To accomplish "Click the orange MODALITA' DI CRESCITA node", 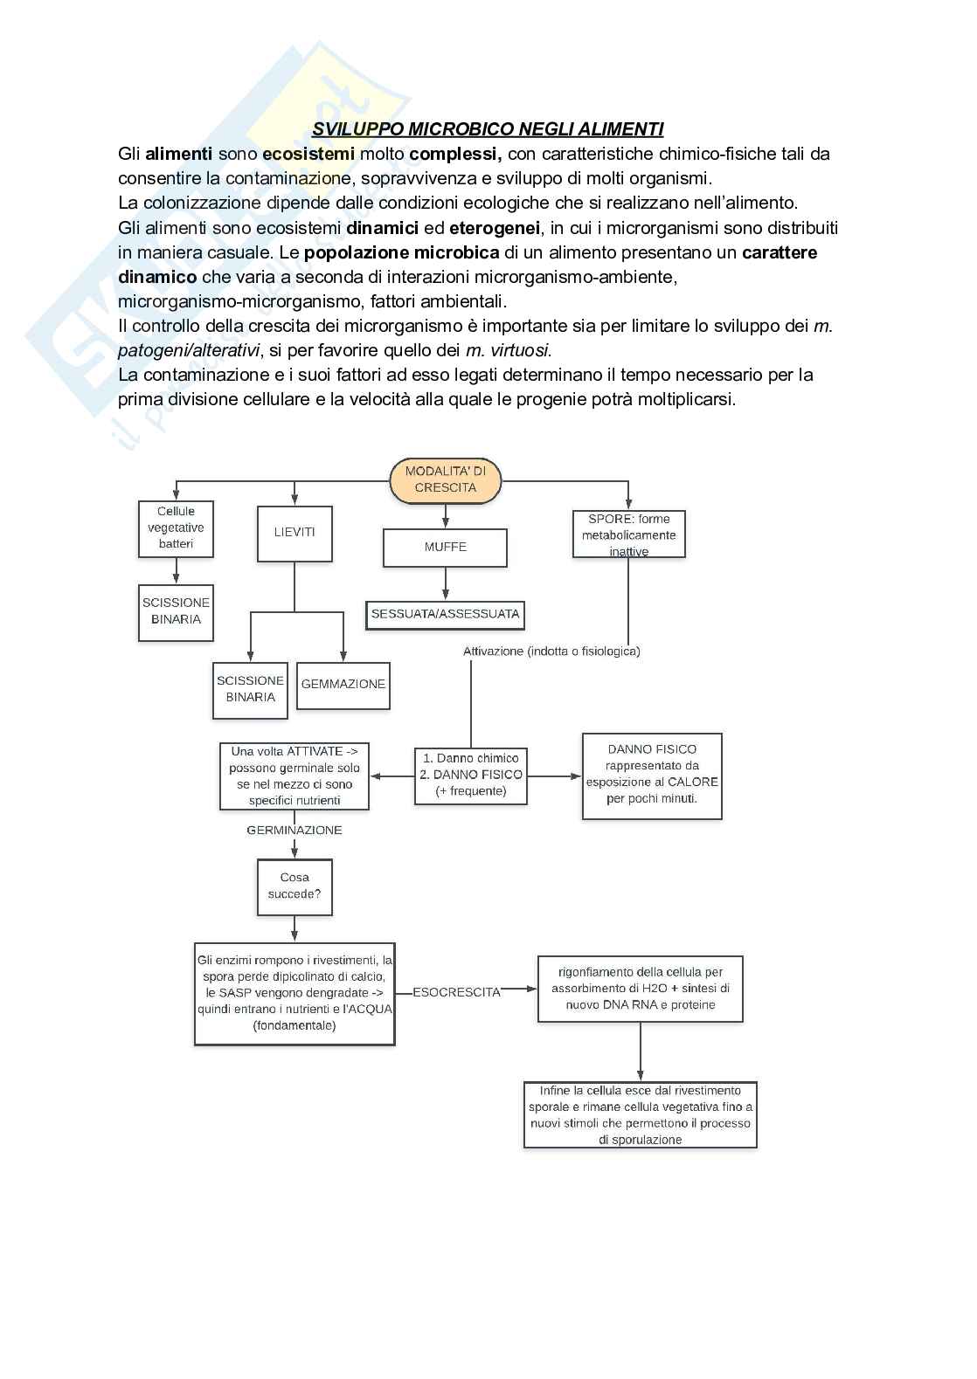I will pyautogui.click(x=445, y=479).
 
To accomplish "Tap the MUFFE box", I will pyautogui.click(x=445, y=547).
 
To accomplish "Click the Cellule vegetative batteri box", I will pyautogui.click(x=176, y=527).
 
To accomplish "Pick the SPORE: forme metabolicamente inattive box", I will pyautogui.click(x=628, y=534).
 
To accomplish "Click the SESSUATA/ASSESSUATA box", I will pyautogui.click(x=445, y=614).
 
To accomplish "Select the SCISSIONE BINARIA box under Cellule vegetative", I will pyautogui.click(x=176, y=611).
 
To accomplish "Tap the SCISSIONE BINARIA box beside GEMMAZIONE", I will pyautogui.click(x=250, y=689).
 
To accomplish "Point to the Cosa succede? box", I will pyautogui.click(x=294, y=886).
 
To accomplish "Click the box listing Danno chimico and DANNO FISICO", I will pyautogui.click(x=471, y=775).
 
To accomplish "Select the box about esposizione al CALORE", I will pyautogui.click(x=652, y=775).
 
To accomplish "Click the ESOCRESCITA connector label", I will pyautogui.click(x=456, y=992).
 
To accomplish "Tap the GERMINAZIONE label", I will pyautogui.click(x=294, y=831).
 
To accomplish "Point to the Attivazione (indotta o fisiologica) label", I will pyautogui.click(x=551, y=652).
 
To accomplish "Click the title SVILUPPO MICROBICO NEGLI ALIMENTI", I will pyautogui.click(x=488, y=129).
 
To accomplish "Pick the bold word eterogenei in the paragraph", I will pyautogui.click(x=495, y=228).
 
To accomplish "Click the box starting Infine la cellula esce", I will pyautogui.click(x=641, y=1115).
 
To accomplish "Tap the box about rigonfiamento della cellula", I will pyautogui.click(x=641, y=989).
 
